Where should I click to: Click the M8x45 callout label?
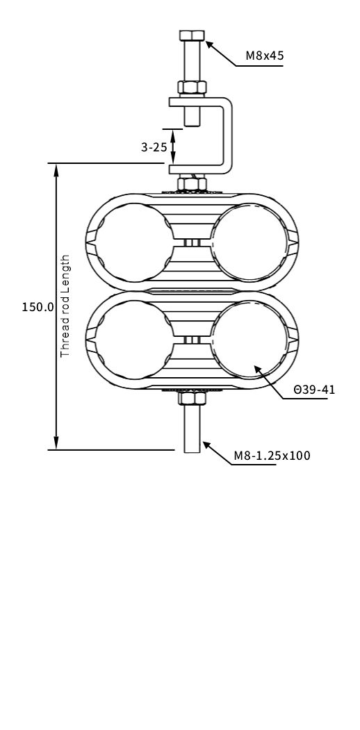click(264, 56)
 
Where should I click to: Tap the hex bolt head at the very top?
click(192, 36)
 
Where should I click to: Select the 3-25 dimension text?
click(154, 147)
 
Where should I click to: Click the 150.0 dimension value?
click(38, 307)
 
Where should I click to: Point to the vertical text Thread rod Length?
click(66, 306)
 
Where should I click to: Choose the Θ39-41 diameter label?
click(314, 390)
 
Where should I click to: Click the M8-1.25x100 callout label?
click(272, 456)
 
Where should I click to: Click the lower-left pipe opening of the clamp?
click(132, 338)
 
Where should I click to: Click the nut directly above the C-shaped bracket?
click(192, 88)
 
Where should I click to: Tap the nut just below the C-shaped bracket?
click(192, 184)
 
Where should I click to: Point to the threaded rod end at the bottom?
click(192, 438)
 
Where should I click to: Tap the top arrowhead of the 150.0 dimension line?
click(56, 169)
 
